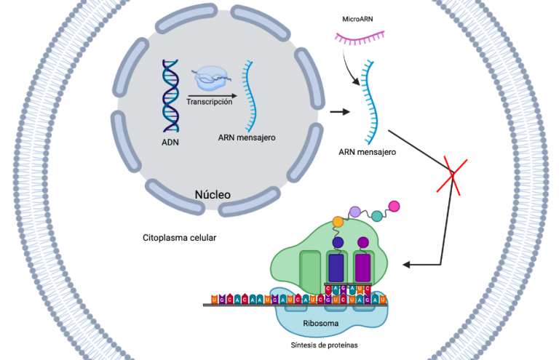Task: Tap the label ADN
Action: pyautogui.click(x=170, y=142)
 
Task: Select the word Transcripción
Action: pyautogui.click(x=210, y=103)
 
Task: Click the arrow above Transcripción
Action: pyautogui.click(x=211, y=95)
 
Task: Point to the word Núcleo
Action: pyautogui.click(x=213, y=195)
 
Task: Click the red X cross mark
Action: pyautogui.click(x=453, y=173)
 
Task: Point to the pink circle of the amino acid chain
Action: pyautogui.click(x=395, y=206)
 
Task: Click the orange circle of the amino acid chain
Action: pyautogui.click(x=338, y=220)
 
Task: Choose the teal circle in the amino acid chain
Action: pyautogui.click(x=376, y=216)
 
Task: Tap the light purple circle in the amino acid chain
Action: pyautogui.click(x=355, y=211)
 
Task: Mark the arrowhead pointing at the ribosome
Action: pyautogui.click(x=408, y=264)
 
